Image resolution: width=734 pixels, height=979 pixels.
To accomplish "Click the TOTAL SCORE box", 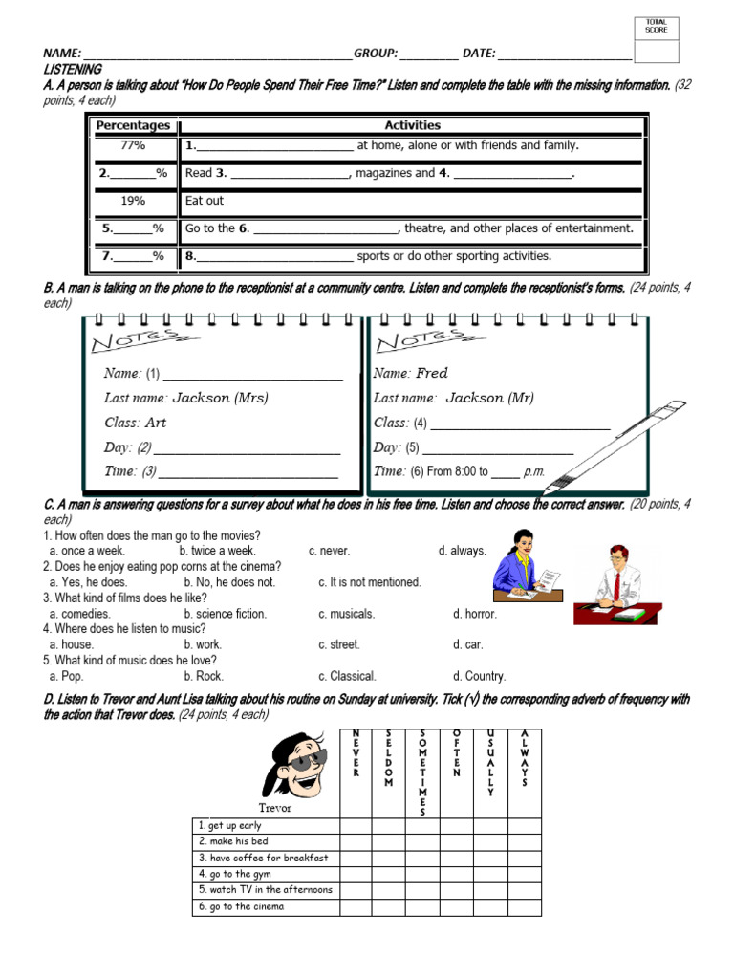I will [x=657, y=39].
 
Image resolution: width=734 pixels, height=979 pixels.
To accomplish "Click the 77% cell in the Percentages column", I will [x=133, y=146].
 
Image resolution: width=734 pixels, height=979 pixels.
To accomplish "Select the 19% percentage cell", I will [x=133, y=201].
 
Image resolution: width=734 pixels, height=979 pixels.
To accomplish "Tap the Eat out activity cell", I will [x=205, y=201].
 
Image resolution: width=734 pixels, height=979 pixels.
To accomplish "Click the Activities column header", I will [x=412, y=125].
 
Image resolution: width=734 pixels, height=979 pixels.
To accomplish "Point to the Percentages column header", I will [x=133, y=125].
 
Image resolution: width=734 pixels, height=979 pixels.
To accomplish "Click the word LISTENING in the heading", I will [x=73, y=70].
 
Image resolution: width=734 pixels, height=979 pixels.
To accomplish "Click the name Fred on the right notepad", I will [x=432, y=373].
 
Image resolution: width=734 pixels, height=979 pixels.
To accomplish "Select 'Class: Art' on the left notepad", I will [x=135, y=423].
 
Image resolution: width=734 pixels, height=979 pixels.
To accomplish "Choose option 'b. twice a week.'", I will [x=217, y=552].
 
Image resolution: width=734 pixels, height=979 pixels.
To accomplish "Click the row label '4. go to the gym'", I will [x=235, y=874].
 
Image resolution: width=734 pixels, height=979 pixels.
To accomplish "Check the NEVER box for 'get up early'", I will [x=356, y=825].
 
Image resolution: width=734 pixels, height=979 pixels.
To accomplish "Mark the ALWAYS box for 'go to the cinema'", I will [x=524, y=906].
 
